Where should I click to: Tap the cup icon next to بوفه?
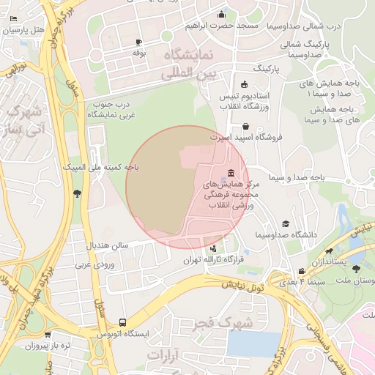[138, 43]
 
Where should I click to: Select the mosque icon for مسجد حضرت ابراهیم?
[222, 15]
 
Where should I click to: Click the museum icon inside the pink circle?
[231, 173]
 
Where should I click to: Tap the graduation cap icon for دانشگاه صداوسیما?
[286, 224]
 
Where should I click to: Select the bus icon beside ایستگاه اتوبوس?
[122, 322]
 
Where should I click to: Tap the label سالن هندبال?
[108, 245]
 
